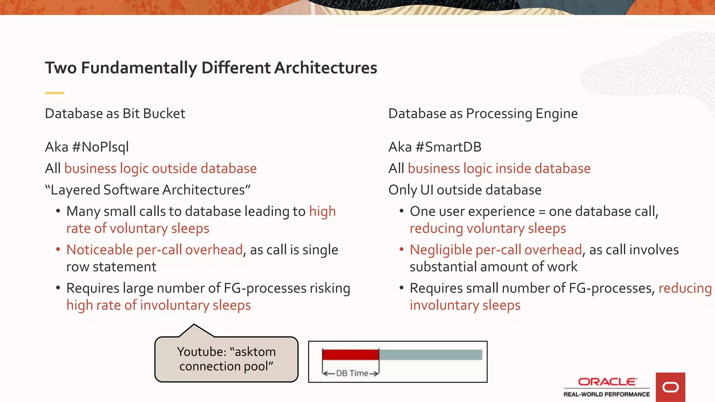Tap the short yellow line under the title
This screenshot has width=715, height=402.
54,93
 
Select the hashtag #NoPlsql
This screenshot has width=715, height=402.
100,147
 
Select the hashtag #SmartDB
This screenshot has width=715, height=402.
449,147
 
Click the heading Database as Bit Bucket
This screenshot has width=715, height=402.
115,114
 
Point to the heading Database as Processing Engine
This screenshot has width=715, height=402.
483,114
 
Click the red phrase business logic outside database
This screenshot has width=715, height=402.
160,169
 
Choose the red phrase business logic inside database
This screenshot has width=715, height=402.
499,169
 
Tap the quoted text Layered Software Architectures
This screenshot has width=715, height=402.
148,190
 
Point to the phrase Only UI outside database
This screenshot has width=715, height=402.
465,190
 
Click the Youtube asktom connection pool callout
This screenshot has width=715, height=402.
226,359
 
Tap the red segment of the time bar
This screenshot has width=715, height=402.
351,355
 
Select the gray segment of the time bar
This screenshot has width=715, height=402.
430,355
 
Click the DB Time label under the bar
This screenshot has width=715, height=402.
352,373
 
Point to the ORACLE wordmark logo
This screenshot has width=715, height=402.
607,382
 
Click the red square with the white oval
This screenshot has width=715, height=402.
670,387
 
